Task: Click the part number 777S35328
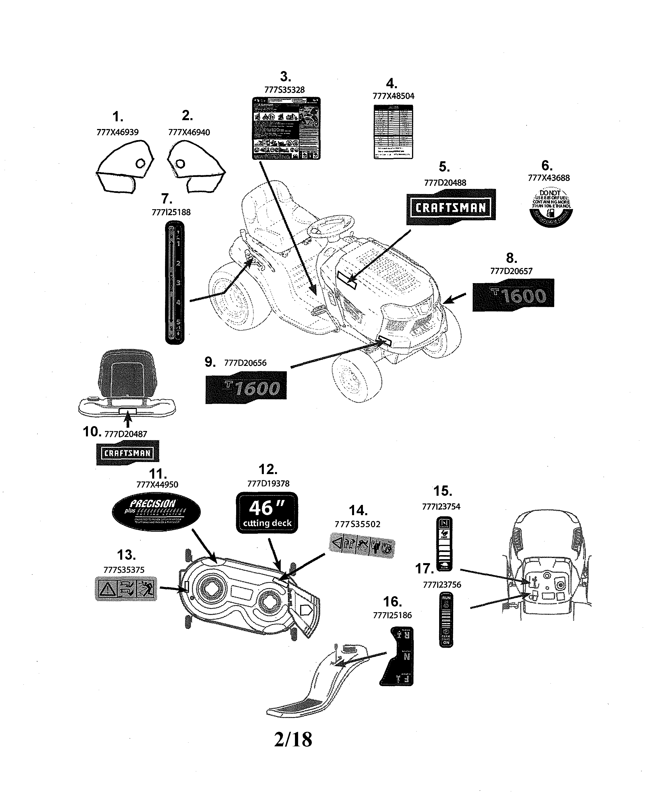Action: coord(284,90)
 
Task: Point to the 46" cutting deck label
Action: coord(267,513)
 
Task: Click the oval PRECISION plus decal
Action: coord(156,512)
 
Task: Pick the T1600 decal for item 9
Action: coord(246,387)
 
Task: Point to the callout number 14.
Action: coord(358,511)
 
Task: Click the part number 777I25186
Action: coord(392,615)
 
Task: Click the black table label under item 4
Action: coord(393,132)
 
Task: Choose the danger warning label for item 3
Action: coord(286,128)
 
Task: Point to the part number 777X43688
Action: coord(549,178)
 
